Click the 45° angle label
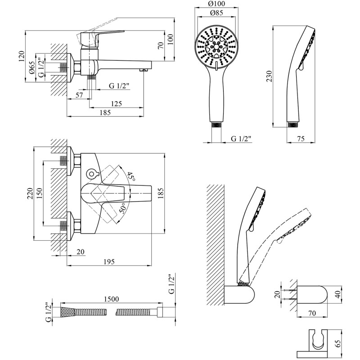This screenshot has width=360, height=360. tap(130, 176)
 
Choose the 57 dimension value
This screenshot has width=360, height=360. tap(79, 95)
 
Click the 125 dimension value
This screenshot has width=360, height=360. tap(116, 104)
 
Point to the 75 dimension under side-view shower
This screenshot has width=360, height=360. tap(301, 139)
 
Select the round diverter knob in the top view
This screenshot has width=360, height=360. tap(92, 173)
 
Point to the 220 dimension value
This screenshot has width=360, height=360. tap(30, 194)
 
